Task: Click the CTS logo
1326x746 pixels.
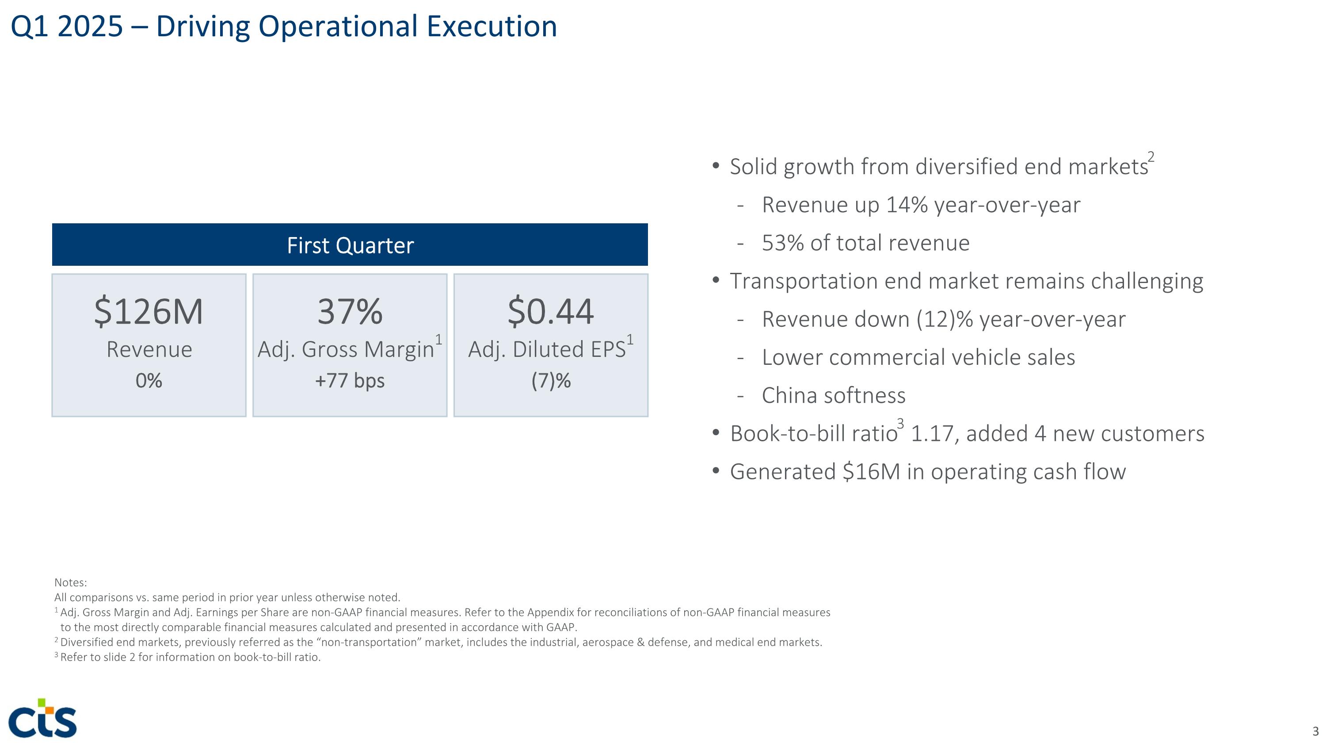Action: pyautogui.click(x=43, y=719)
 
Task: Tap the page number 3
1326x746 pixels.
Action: pyautogui.click(x=1315, y=731)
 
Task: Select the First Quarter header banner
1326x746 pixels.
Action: pyautogui.click(x=350, y=245)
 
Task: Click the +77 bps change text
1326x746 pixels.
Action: pyautogui.click(x=350, y=381)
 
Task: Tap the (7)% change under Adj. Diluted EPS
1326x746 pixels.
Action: pyautogui.click(x=551, y=381)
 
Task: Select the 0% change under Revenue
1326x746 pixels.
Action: pyautogui.click(x=149, y=381)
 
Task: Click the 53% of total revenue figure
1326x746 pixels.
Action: pyautogui.click(x=783, y=243)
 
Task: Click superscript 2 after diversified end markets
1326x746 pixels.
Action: pyautogui.click(x=1151, y=157)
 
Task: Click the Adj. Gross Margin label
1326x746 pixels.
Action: pyautogui.click(x=346, y=350)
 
